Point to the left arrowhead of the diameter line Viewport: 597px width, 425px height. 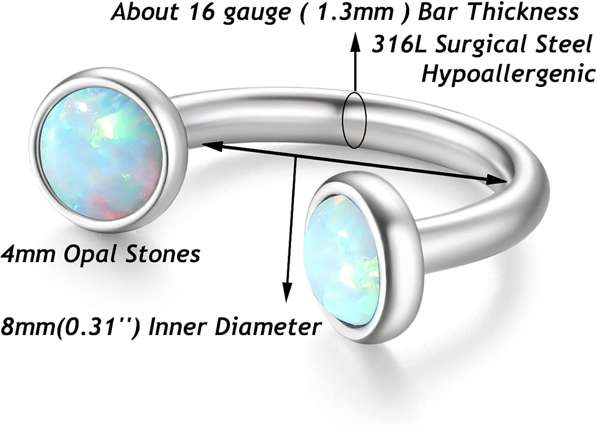click(209, 146)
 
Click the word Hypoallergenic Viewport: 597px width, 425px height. click(508, 74)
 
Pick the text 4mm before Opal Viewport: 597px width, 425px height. click(28, 254)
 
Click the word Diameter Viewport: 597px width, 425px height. click(268, 327)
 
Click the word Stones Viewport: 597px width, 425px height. click(163, 254)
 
